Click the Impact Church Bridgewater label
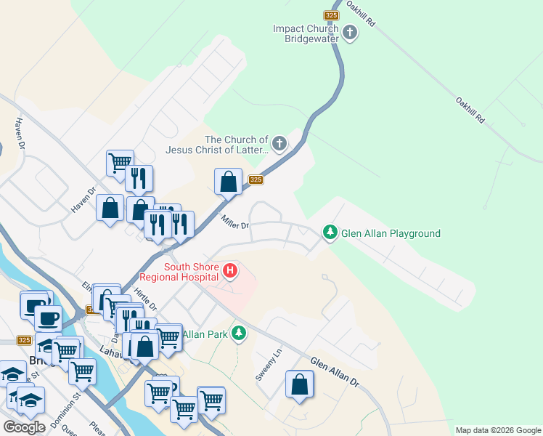click(305, 33)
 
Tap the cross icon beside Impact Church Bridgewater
click(350, 33)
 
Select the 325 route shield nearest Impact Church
click(331, 15)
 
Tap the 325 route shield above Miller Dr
click(255, 179)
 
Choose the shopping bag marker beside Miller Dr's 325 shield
click(229, 182)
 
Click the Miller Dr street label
click(235, 222)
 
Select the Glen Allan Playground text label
click(391, 233)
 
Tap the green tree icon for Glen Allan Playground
click(330, 233)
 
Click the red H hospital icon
click(231, 272)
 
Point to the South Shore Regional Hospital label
click(192, 271)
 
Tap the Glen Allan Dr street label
click(335, 371)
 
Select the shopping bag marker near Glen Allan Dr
click(299, 384)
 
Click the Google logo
click(24, 427)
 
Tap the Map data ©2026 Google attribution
click(497, 430)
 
